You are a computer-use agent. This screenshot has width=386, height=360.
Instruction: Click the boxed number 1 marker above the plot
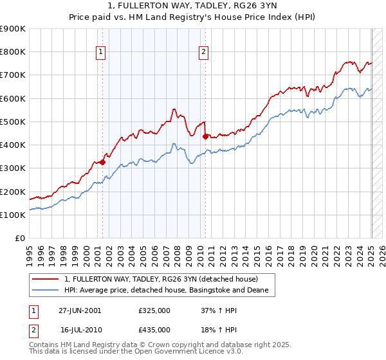point(102,53)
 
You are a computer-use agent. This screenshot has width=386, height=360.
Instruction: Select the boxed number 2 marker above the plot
point(203,53)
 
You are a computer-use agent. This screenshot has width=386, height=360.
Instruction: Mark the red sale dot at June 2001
point(103,162)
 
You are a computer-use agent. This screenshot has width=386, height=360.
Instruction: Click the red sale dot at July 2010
point(205,136)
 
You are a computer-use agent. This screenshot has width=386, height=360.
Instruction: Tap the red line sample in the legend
point(46,280)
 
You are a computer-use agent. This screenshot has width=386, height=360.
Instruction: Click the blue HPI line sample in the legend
point(46,291)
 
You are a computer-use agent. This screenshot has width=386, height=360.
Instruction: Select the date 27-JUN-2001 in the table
point(80,310)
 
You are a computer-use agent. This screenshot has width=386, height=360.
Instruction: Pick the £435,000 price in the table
point(154,329)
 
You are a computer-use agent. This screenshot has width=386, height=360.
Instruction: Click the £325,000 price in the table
point(154,310)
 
